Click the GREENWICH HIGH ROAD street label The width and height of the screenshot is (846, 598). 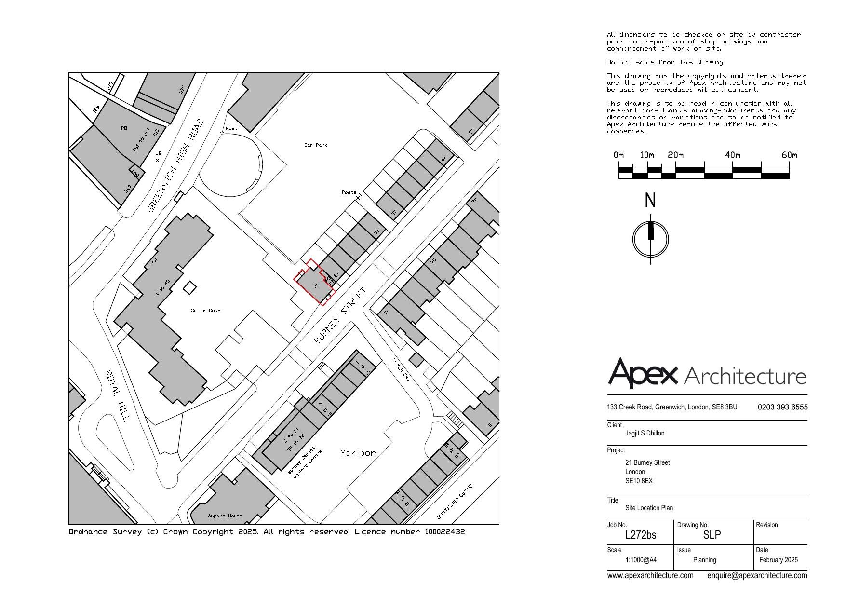coord(175,165)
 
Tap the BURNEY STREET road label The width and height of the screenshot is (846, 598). coord(340,316)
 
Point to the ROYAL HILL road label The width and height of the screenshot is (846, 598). coord(117,395)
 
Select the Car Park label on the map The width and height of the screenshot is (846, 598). coord(315,145)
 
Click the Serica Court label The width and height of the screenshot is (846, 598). coord(207,311)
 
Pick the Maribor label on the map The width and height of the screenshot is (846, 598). coord(357,453)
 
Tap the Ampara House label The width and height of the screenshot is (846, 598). coord(225,516)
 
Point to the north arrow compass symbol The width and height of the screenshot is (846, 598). coord(651,238)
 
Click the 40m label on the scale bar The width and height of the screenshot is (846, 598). coord(732,155)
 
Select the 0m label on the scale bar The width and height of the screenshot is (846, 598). coord(618,155)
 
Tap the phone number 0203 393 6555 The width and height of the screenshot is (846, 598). coord(782,407)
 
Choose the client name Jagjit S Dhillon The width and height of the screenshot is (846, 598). coord(645,433)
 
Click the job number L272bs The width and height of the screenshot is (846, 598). coord(640,535)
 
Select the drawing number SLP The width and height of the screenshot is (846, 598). coord(712,535)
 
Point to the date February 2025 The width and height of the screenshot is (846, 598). coord(778,560)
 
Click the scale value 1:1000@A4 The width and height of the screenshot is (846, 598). coord(641,560)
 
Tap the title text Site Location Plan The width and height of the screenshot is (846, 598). coord(649,508)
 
